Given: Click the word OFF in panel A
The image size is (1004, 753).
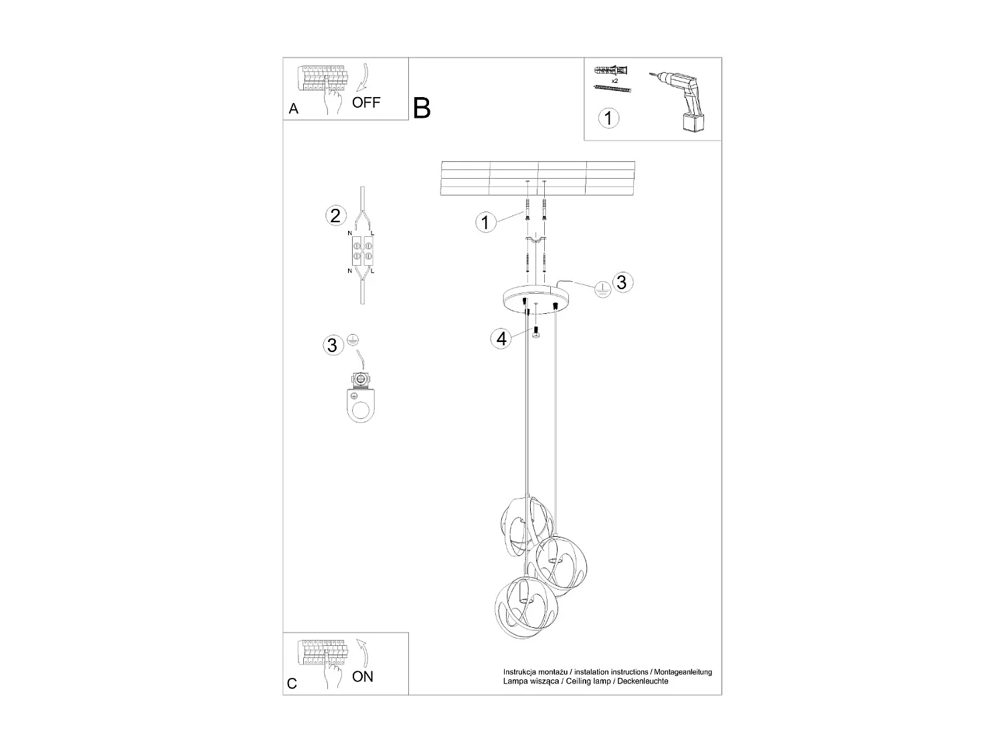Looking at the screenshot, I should pos(365,102).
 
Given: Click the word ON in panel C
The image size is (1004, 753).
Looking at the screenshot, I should pos(363,677).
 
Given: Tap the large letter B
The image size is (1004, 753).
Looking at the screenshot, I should pos(422,108).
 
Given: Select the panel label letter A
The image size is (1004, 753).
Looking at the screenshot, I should pos(293,109).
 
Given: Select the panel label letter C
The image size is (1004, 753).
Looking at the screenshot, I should pos(292,683).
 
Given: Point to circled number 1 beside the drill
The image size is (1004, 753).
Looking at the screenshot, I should pos(608,118).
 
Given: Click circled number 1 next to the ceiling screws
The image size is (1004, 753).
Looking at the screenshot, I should pos(485,222).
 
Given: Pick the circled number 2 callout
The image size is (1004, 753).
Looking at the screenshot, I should pos(335,216).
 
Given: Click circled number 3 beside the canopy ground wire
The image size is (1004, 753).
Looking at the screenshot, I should pos(622,282).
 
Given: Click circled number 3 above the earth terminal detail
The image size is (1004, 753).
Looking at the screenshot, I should pos(332,345).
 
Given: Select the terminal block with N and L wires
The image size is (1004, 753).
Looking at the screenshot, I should pos(361,252).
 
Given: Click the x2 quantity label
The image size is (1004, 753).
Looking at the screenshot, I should pos(614,80).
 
